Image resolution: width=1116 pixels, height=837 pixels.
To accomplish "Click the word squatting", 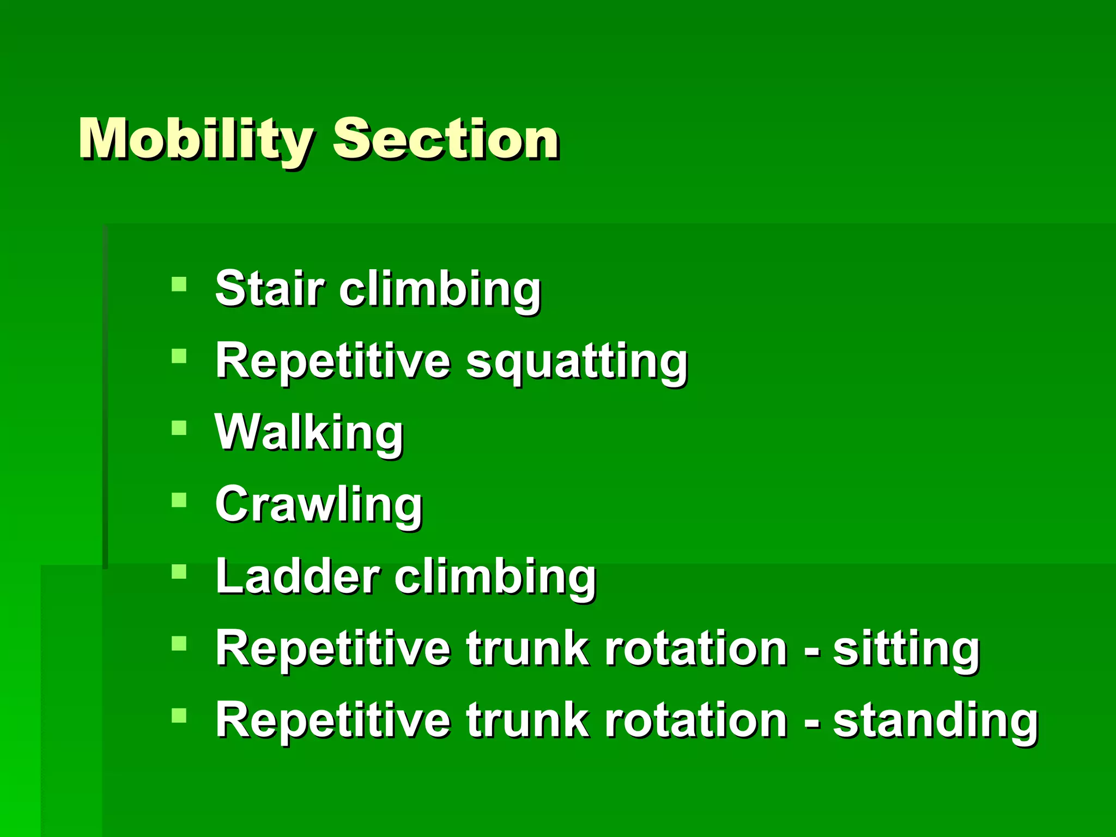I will tap(577, 362).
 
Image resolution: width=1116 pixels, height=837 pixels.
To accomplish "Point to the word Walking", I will tap(309, 433).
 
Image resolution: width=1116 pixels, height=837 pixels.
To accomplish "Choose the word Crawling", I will tap(319, 505).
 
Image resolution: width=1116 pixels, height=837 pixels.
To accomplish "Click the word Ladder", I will tap(298, 577).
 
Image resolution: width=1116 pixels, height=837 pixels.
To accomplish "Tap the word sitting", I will tap(906, 650).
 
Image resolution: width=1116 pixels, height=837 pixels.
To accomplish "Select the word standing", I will tap(935, 720).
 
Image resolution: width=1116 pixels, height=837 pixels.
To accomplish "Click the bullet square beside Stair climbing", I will tap(179, 284).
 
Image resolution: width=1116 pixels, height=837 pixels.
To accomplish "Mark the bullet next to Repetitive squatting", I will tap(179, 356).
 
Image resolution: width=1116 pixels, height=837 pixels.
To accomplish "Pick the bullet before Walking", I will tap(179, 428).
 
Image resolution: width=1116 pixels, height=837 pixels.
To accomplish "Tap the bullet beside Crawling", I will tap(179, 500).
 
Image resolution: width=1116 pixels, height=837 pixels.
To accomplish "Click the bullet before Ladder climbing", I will tap(179, 572).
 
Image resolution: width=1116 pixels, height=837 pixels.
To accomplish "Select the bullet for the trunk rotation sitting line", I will tap(179, 644).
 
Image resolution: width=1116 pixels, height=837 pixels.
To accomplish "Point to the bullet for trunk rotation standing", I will tap(179, 715).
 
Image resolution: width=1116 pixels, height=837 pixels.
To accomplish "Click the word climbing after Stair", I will tap(440, 289).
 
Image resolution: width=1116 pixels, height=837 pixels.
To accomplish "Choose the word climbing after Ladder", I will tap(495, 578).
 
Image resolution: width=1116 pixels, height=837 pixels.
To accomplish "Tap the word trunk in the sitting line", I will tap(527, 648).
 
